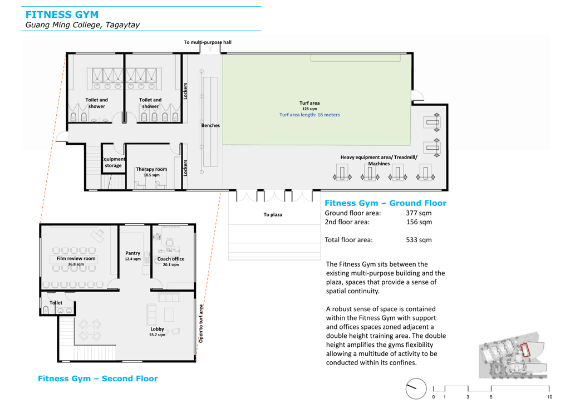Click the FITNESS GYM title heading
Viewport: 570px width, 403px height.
pyautogui.click(x=62, y=15)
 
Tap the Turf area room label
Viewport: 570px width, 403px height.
pyautogui.click(x=309, y=103)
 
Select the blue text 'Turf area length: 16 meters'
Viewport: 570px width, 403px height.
pyautogui.click(x=309, y=115)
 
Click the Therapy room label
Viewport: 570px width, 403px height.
pyautogui.click(x=151, y=169)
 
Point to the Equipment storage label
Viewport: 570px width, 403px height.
pyautogui.click(x=114, y=162)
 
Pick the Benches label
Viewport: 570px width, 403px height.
pyautogui.click(x=210, y=125)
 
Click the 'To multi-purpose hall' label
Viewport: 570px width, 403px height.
pyautogui.click(x=208, y=42)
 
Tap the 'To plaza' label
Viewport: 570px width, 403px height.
pyautogui.click(x=273, y=214)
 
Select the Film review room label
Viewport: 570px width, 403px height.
pyautogui.click(x=76, y=258)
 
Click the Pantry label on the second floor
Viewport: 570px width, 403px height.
pyautogui.click(x=132, y=253)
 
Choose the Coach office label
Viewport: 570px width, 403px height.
pyautogui.click(x=171, y=259)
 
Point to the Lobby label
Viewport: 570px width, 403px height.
pyautogui.click(x=157, y=329)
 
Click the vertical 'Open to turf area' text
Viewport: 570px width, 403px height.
pyautogui.click(x=200, y=324)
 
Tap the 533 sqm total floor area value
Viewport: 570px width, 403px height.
pyautogui.click(x=419, y=240)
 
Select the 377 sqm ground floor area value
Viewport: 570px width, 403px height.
pyautogui.click(x=419, y=213)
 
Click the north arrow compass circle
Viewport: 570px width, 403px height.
pyautogui.click(x=416, y=388)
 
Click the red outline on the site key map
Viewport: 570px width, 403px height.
pyautogui.click(x=525, y=350)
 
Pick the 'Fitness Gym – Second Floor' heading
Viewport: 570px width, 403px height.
pyautogui.click(x=98, y=379)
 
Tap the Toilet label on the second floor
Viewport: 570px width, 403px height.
pyautogui.click(x=56, y=302)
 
